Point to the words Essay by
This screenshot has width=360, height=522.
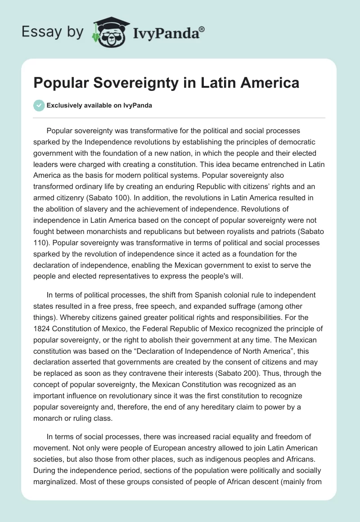click(x=53, y=31)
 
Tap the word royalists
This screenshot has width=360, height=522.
click(x=240, y=232)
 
